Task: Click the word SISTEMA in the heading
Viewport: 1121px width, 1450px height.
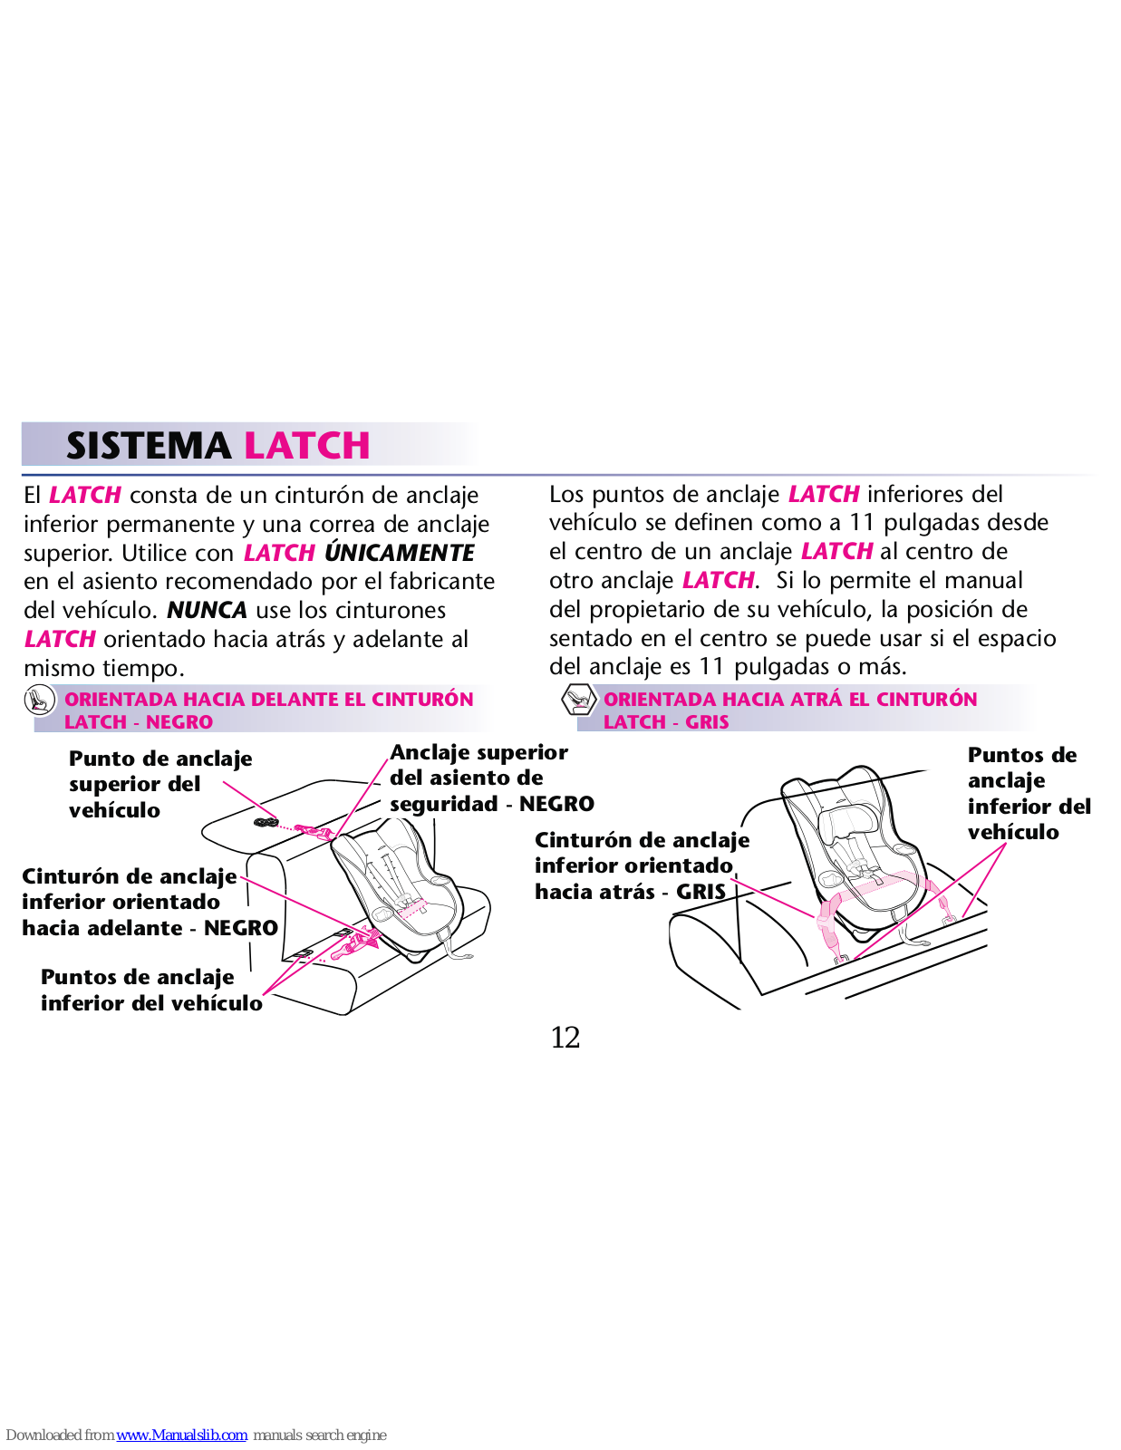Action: click(148, 446)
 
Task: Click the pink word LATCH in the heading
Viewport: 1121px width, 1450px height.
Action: click(307, 446)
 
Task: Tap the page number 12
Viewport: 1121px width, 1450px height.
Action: click(565, 1038)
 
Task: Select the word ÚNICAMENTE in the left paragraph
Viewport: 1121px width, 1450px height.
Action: click(399, 553)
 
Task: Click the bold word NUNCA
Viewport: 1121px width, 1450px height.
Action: click(207, 610)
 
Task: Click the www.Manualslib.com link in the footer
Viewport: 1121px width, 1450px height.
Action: click(181, 1435)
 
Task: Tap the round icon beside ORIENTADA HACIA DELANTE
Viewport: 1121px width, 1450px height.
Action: click(39, 700)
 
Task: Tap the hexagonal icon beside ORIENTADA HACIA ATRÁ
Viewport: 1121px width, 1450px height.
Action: click(577, 700)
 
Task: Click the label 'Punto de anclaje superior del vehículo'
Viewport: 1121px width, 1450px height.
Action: click(159, 784)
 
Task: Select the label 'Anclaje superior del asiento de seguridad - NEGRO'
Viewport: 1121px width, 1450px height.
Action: click(491, 778)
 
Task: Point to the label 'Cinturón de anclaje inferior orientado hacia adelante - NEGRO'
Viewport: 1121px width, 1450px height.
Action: click(149, 902)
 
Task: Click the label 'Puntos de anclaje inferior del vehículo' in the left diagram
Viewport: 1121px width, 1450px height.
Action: click(150, 990)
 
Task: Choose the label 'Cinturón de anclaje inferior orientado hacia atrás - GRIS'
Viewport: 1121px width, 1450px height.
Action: click(642, 865)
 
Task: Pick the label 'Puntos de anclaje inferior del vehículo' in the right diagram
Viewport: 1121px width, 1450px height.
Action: click(1029, 793)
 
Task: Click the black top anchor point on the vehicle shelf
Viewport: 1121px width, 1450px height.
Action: click(265, 823)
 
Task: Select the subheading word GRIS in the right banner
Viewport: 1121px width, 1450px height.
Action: click(707, 722)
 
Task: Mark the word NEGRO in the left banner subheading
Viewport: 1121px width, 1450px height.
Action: click(179, 722)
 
